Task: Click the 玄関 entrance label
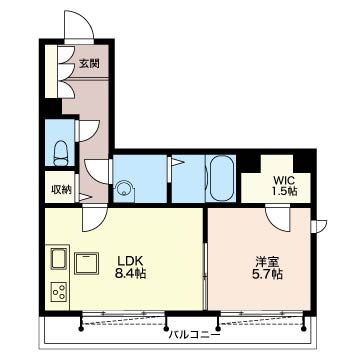tap(89, 63)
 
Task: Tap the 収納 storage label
tap(61, 189)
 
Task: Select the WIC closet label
tap(284, 180)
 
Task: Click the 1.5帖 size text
tap(284, 192)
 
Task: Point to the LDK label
tap(131, 261)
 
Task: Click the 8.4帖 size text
tap(131, 274)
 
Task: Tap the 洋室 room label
tap(268, 261)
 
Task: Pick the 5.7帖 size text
tap(268, 274)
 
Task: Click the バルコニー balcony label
tap(194, 334)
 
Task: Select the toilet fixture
tap(60, 153)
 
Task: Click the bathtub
tap(221, 178)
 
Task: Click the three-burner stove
tap(59, 291)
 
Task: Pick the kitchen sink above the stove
tap(59, 258)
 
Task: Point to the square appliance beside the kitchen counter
tap(87, 263)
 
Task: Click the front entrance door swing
tap(79, 25)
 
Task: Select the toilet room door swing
tap(88, 131)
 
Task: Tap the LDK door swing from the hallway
tap(95, 218)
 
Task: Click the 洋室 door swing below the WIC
tap(278, 218)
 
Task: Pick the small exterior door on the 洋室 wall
tap(319, 226)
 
